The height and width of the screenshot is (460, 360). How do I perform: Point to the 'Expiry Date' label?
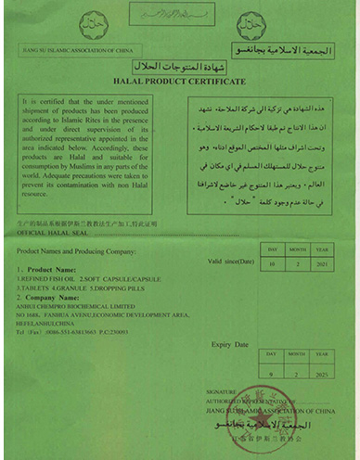[232, 344]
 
